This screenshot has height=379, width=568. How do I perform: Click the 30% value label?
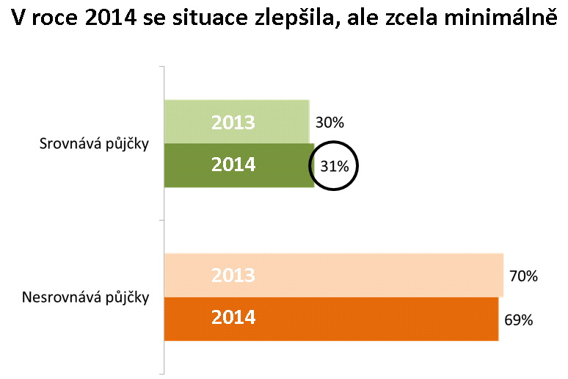point(329,123)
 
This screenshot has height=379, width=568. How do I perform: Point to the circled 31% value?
point(334,166)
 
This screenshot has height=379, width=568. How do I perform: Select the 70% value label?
point(523,276)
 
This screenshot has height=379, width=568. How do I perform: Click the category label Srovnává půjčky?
point(94,143)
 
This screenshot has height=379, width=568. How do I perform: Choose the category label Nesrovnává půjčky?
point(86,297)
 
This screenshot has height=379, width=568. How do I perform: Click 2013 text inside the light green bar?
point(233,123)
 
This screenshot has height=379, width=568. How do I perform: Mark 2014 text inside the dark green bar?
point(233,165)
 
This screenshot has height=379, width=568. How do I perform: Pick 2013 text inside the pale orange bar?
point(233,275)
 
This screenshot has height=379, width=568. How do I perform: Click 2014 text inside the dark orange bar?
point(233,318)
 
